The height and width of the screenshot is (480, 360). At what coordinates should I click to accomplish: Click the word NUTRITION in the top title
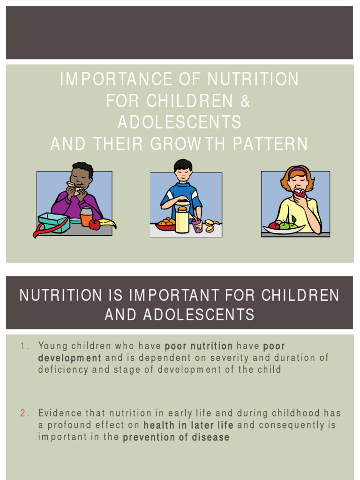[253, 79]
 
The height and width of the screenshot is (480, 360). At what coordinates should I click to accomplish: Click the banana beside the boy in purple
[107, 223]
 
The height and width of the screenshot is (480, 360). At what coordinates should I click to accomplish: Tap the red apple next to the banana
[94, 225]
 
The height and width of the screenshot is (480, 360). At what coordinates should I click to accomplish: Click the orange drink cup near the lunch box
[86, 217]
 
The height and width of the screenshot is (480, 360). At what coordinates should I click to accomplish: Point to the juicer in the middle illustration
[182, 219]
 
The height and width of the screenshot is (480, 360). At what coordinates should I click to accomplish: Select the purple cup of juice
[197, 226]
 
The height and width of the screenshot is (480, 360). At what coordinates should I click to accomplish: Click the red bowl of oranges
[165, 225]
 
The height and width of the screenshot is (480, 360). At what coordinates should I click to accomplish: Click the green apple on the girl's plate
[285, 225]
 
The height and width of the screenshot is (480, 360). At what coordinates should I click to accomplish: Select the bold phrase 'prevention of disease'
[176, 438]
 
